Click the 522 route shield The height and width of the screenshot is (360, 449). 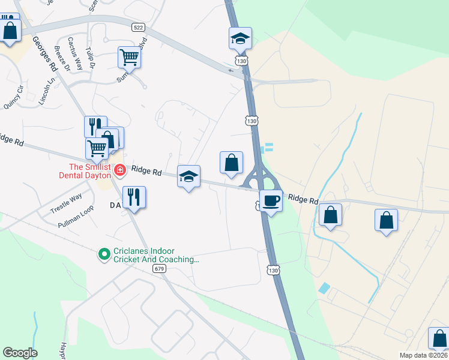point(138,28)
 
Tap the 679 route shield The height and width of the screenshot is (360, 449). point(159,268)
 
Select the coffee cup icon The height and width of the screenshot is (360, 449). point(271,202)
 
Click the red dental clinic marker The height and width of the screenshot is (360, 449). point(119,170)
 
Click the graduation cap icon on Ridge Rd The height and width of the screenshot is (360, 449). point(188,177)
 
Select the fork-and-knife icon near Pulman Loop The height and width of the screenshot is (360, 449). point(134,197)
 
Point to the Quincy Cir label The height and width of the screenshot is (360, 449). point(13,98)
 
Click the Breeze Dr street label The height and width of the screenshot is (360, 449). point(62,59)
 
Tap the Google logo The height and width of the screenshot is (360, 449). point(20,353)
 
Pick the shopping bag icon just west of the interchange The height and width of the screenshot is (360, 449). point(231,163)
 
